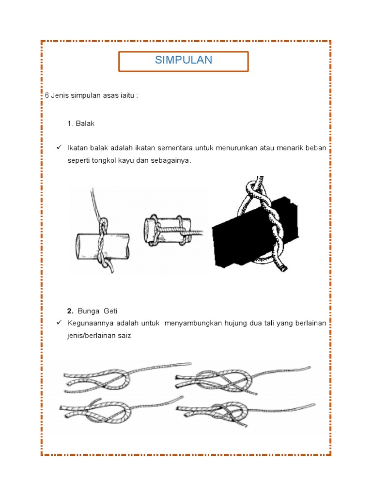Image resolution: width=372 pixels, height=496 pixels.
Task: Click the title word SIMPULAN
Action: coord(183,60)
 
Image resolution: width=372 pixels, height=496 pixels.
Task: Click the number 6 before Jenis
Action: coord(47,95)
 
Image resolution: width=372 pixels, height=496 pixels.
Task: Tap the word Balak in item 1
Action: coord(85,124)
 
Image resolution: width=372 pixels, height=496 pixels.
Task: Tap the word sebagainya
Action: coord(171,160)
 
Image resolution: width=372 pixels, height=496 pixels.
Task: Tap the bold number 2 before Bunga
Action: coord(70,310)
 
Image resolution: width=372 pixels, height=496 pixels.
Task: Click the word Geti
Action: coord(110,310)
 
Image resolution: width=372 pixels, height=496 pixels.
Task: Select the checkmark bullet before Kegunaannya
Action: coord(59,322)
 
